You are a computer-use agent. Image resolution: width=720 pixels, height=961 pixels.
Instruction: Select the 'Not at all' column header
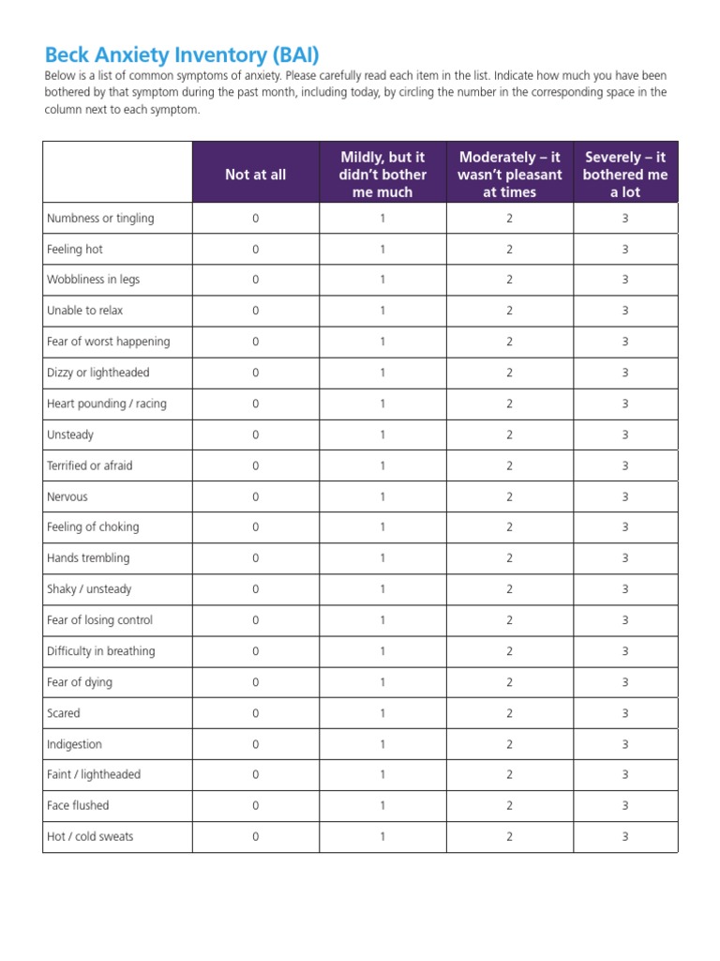[255, 175]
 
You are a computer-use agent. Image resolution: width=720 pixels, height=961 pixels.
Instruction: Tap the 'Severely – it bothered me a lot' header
[625, 175]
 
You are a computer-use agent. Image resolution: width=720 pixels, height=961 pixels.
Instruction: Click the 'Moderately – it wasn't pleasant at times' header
[509, 175]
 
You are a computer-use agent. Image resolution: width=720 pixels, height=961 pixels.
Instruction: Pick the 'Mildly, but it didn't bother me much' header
[382, 175]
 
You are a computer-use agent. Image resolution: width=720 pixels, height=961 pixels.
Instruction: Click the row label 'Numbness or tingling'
[100, 218]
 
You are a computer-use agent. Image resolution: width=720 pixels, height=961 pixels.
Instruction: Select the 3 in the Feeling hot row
[625, 250]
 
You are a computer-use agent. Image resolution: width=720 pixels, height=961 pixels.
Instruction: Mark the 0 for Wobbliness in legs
[255, 280]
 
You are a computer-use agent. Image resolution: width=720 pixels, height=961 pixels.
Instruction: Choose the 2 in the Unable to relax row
[509, 311]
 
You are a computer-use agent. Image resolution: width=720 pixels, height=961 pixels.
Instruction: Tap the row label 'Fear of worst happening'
[108, 342]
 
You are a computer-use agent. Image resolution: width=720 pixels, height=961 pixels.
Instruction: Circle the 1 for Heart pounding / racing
[382, 404]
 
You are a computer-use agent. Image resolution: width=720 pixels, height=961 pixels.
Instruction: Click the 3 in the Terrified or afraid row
[625, 465]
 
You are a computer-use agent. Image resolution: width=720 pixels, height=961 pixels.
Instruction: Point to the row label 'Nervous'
[67, 496]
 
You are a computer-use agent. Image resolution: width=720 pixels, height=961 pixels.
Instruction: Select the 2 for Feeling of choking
[509, 527]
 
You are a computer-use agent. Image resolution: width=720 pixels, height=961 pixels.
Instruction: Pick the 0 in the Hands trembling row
[255, 558]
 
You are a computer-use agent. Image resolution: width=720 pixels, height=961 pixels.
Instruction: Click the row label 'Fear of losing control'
[99, 620]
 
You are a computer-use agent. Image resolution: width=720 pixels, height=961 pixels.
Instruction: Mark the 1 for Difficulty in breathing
[382, 651]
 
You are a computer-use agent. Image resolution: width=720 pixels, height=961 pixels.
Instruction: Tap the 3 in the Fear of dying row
[625, 682]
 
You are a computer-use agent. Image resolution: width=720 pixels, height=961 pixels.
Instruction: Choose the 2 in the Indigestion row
[509, 744]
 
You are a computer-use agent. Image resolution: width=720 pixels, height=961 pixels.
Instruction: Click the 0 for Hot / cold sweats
[255, 836]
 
